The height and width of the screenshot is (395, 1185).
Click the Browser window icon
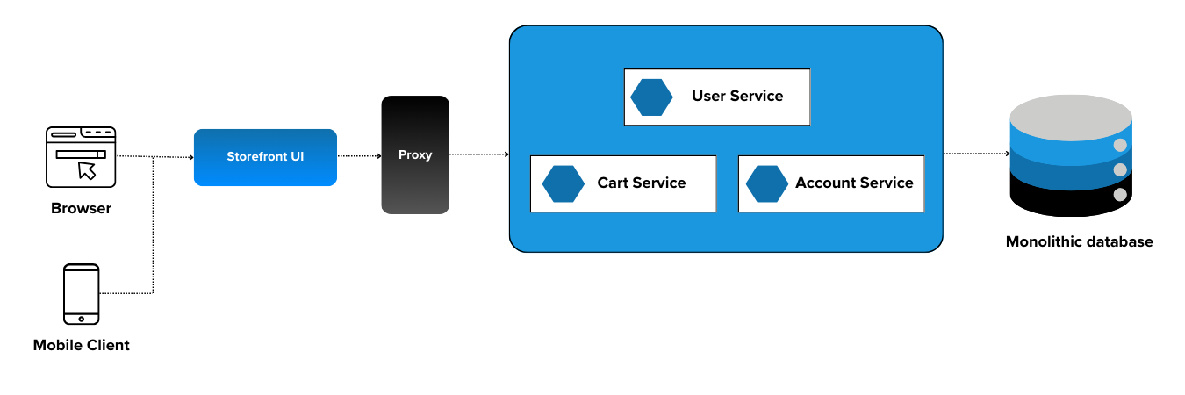coord(81,157)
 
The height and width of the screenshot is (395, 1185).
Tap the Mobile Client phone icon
coord(81,294)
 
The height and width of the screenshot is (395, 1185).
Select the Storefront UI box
coord(265,157)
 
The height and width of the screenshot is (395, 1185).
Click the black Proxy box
coord(415,155)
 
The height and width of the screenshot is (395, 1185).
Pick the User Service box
coord(716,97)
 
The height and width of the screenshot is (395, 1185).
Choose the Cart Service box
coord(623,183)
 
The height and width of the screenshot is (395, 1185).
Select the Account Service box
coord(830,183)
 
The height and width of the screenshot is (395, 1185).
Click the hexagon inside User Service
coord(651,97)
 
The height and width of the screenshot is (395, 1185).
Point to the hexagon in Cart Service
coord(564,183)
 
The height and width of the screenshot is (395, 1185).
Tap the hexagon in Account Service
coord(767,183)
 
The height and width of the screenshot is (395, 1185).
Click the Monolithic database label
coord(1079,241)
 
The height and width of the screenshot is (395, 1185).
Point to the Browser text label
coord(81,209)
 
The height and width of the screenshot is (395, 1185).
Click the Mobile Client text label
coord(81,345)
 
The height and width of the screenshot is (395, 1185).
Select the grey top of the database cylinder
coord(1071,111)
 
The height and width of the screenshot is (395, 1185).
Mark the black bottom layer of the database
coord(1071,197)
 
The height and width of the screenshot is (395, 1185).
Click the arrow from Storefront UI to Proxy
coord(358,156)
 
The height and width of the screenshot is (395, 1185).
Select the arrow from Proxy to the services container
coord(479,154)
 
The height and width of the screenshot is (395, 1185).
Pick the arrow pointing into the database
coord(976,154)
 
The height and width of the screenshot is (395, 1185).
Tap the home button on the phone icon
coord(81,318)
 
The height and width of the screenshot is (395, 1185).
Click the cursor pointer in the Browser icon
coord(87,169)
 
